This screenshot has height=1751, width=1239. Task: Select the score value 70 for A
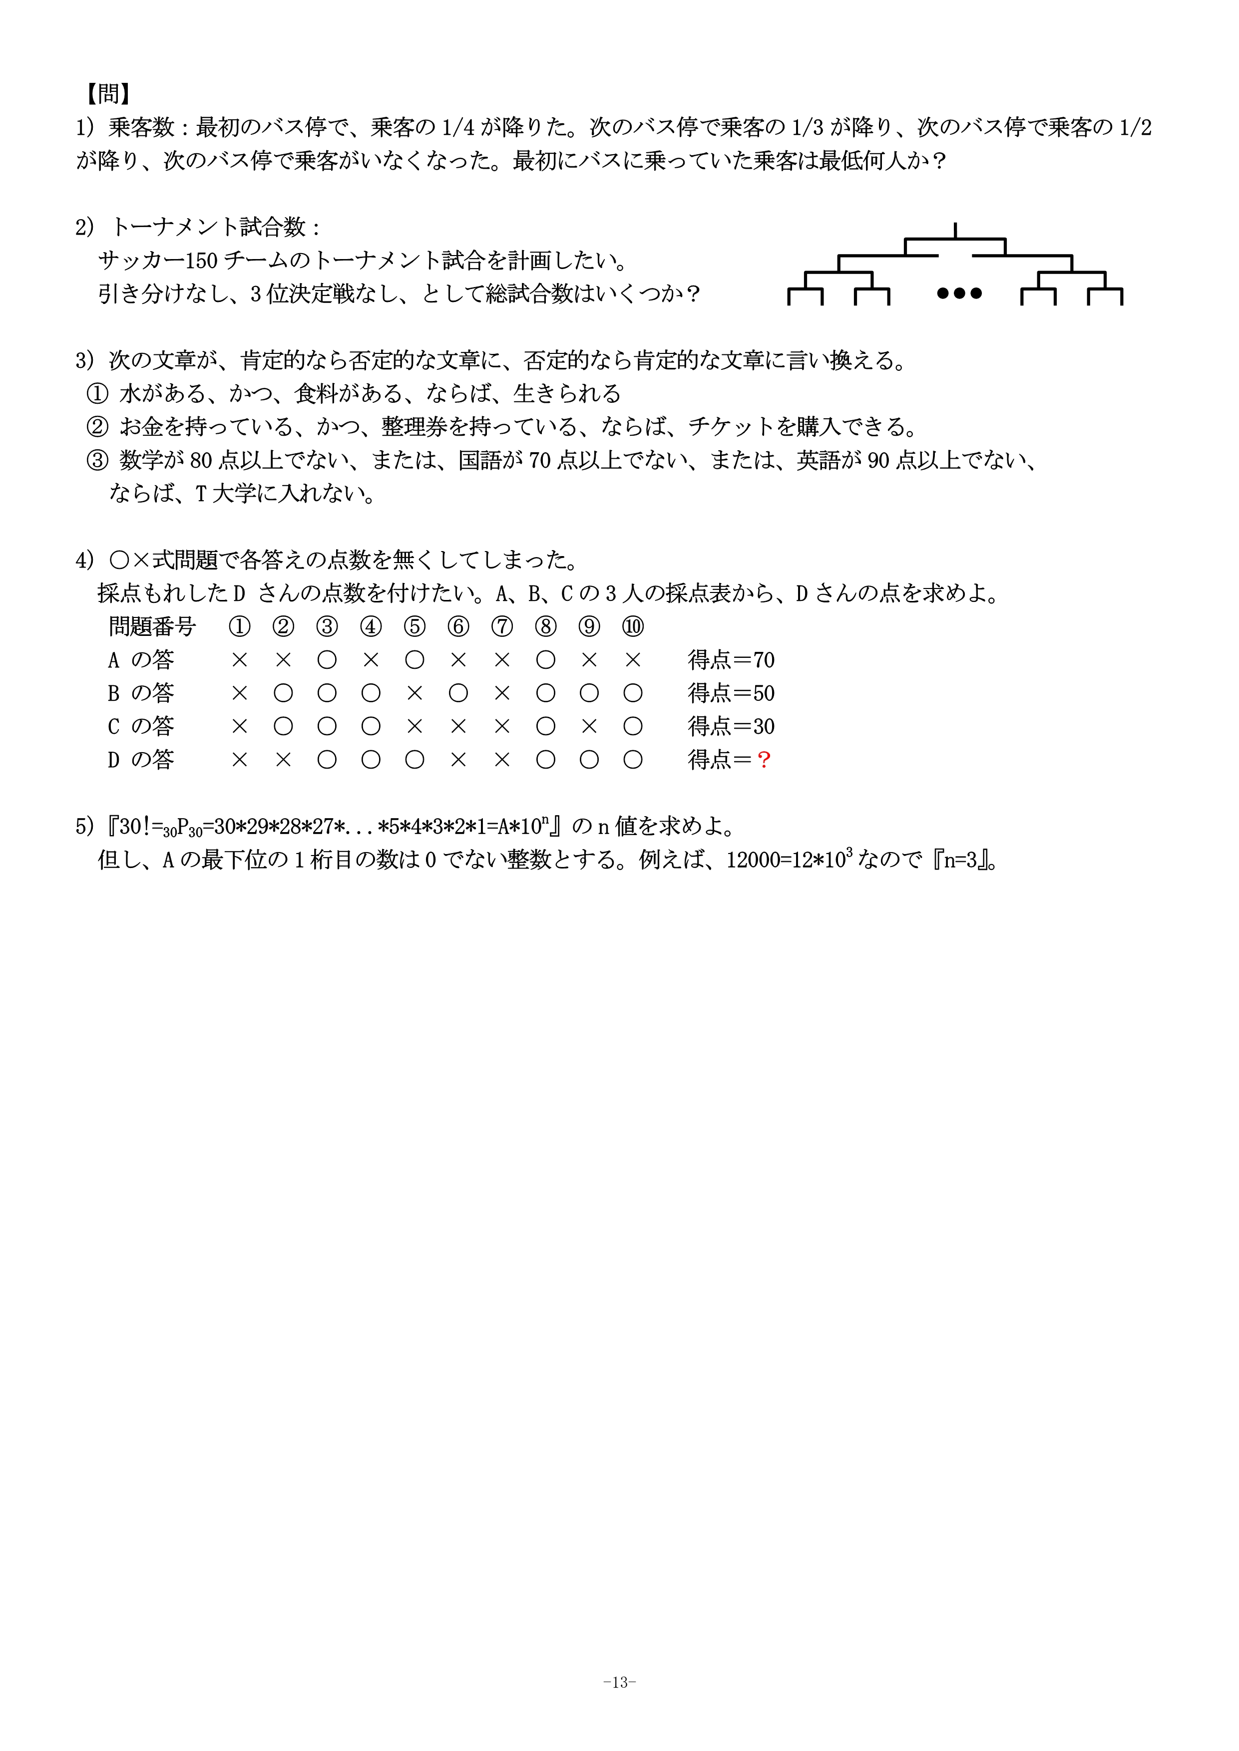tap(764, 660)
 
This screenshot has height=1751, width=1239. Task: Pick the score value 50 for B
tap(764, 693)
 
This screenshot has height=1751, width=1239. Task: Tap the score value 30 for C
tap(764, 726)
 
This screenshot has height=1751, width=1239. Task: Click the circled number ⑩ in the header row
tap(632, 627)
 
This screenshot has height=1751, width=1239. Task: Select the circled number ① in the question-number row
tap(240, 627)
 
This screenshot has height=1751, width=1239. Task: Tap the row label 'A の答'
tap(141, 660)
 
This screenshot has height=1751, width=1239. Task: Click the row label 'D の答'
tap(141, 760)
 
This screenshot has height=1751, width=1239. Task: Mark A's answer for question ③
tap(327, 660)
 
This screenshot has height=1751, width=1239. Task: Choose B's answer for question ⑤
tap(414, 693)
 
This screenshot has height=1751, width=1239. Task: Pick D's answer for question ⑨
tap(589, 760)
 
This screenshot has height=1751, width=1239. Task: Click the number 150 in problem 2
tap(201, 261)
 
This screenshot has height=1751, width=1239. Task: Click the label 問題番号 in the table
tap(153, 627)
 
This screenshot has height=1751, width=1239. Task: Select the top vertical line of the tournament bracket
tap(955, 230)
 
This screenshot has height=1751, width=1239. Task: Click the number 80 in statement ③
tap(201, 461)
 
